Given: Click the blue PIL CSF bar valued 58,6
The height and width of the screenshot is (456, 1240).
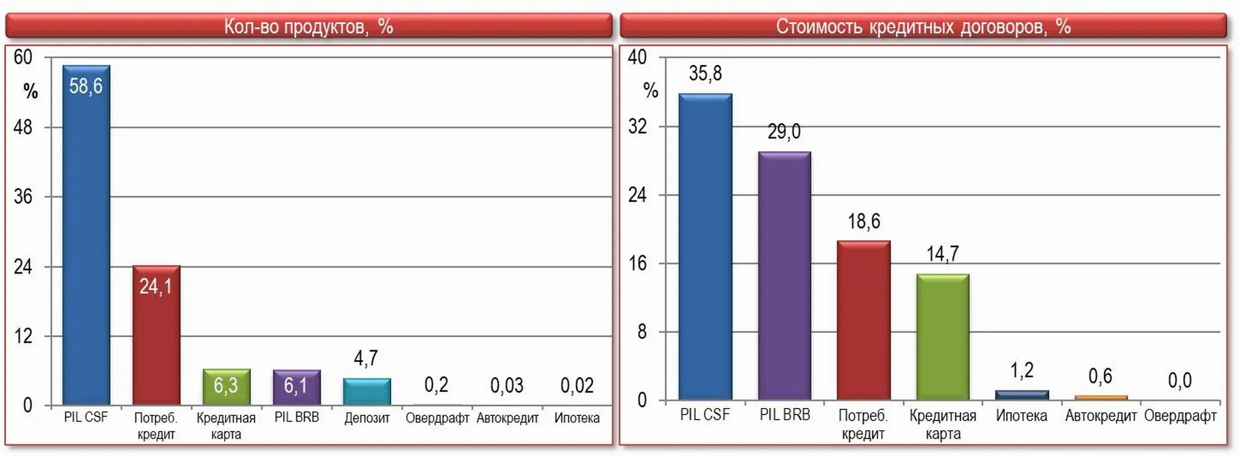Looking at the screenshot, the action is [86, 235].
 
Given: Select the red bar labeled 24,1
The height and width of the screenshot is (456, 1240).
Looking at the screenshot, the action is [157, 335].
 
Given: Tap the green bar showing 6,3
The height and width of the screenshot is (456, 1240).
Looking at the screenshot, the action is [227, 387].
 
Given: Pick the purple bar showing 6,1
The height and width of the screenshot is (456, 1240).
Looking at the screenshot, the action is [297, 388].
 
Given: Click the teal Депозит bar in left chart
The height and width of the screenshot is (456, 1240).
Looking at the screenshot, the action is [367, 392].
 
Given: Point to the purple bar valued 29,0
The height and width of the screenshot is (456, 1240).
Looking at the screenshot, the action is [785, 276].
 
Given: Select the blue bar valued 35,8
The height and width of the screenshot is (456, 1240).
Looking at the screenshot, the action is [705, 247].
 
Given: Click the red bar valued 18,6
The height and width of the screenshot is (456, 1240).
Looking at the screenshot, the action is [864, 320].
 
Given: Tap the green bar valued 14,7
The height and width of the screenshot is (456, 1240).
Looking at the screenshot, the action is [943, 337].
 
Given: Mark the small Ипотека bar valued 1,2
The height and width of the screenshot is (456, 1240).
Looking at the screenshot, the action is [1022, 395].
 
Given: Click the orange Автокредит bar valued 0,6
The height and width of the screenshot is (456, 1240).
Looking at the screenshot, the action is [1101, 398].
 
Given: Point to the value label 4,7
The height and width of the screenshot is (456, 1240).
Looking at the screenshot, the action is [366, 358].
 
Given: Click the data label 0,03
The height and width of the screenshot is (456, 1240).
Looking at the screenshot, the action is [507, 385].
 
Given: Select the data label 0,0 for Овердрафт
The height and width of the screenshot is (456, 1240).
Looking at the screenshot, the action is [1179, 380].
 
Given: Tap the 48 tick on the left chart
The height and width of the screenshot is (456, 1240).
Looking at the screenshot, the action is [23, 127].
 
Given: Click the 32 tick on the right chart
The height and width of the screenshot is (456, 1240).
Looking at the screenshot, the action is [638, 127].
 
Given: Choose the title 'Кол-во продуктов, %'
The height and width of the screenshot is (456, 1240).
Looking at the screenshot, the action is [308, 26].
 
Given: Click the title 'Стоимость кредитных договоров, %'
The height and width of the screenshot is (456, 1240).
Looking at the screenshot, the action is [923, 26].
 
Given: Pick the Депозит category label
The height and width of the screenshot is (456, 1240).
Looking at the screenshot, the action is [367, 418].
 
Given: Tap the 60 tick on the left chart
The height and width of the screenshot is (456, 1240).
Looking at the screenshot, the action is [23, 57].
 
